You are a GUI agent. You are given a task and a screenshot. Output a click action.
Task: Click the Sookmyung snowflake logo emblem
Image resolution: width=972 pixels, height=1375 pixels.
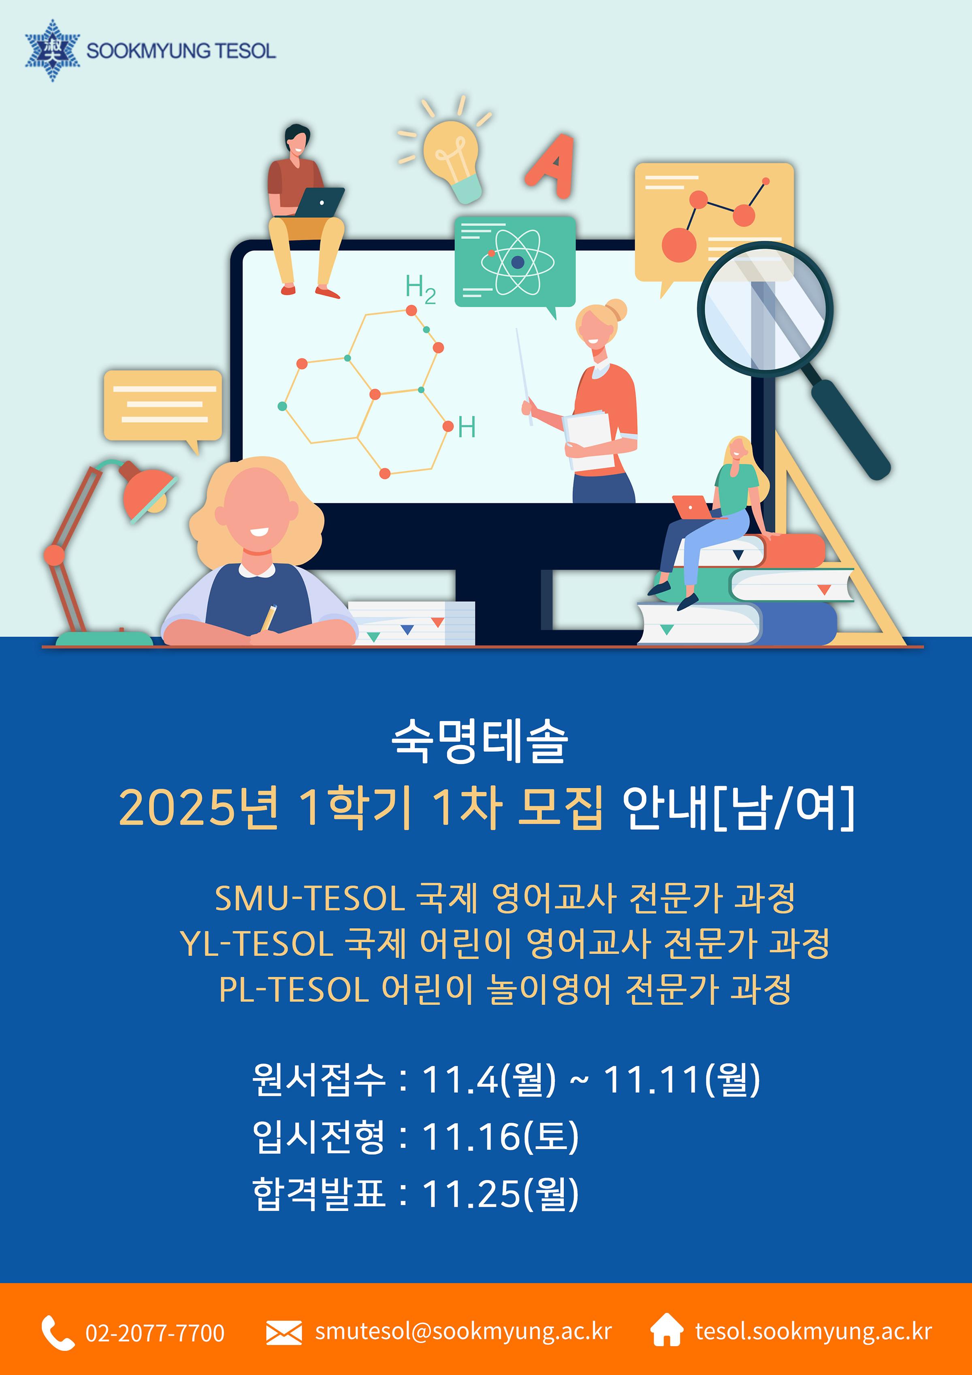(52, 50)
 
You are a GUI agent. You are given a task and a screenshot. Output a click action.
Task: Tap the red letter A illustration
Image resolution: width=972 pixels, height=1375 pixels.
(551, 166)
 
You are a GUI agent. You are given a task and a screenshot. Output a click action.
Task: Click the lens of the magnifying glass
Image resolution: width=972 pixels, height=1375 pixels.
(765, 309)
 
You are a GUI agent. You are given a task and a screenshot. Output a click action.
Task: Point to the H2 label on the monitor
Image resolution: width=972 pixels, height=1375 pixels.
(420, 289)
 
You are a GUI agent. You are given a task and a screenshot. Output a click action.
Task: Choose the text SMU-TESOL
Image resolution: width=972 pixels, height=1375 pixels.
(310, 898)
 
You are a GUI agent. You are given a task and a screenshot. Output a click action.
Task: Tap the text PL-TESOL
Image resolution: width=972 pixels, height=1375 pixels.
(294, 989)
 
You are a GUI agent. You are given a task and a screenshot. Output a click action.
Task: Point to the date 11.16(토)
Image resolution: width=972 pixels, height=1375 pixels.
(501, 1136)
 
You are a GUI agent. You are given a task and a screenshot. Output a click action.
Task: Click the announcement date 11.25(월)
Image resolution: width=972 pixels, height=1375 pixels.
(501, 1194)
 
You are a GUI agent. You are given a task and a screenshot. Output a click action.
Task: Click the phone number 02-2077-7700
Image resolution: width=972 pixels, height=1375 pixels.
(155, 1333)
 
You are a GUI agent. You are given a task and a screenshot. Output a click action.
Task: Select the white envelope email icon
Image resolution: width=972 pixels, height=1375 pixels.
(284, 1333)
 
